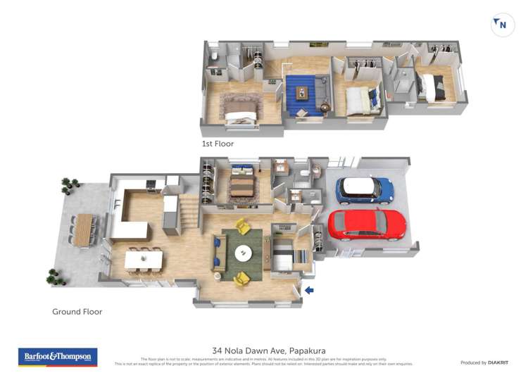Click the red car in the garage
[367, 225]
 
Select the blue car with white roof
[364, 189]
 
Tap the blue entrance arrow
[309, 289]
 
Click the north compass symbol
[501, 25]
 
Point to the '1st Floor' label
[218, 144]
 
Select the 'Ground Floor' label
[77, 312]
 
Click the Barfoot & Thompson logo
[58, 357]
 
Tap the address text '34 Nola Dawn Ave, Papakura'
[269, 351]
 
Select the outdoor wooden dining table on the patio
[84, 230]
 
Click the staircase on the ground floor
[188, 212]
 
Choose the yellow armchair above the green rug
[242, 226]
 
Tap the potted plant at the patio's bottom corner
[54, 277]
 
